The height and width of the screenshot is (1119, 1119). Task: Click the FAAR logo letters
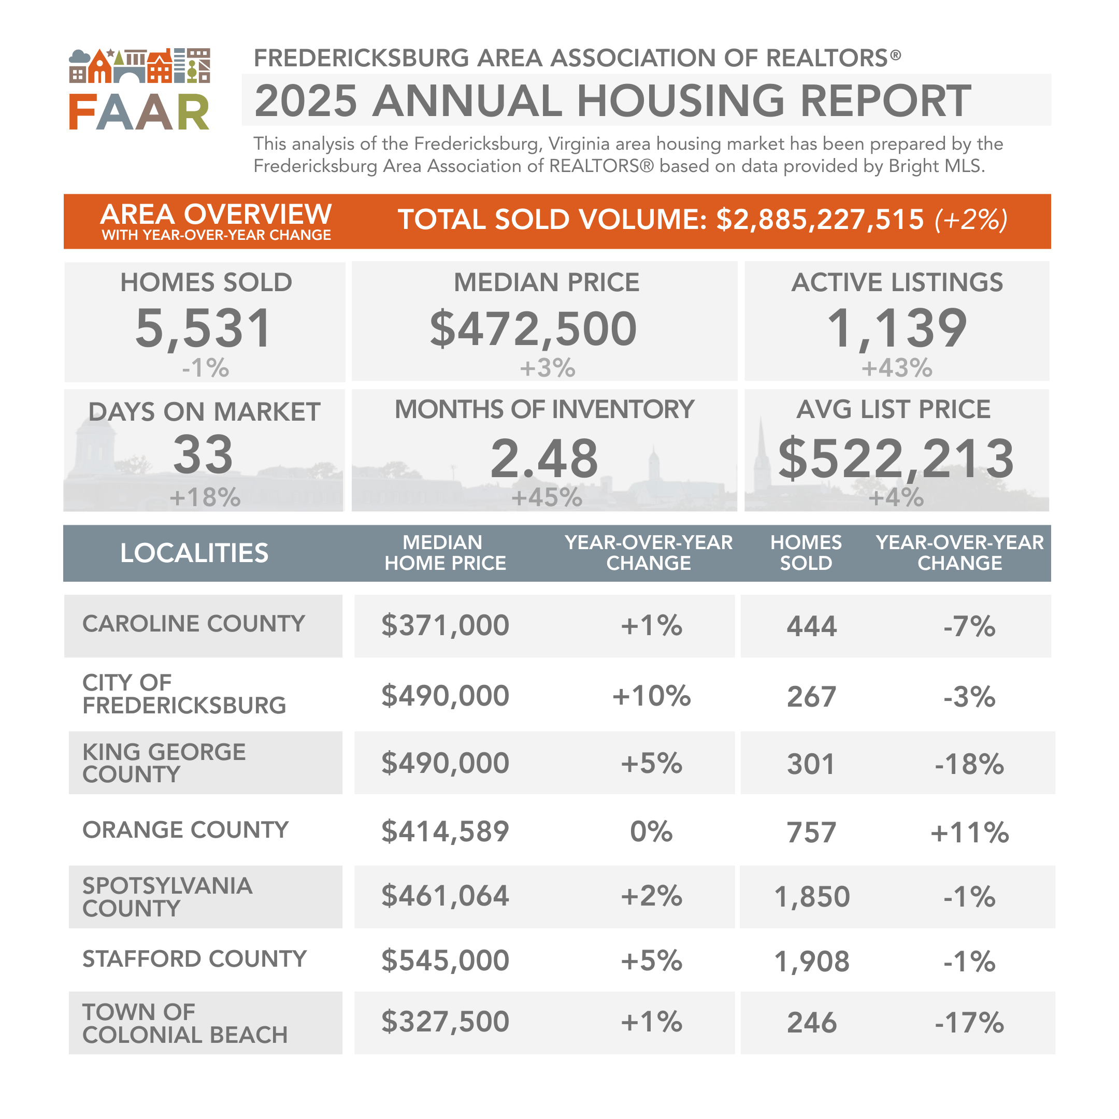[x=139, y=112]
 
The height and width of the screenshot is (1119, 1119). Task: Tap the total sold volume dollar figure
[x=820, y=220]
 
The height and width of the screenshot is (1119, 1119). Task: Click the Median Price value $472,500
[x=533, y=329]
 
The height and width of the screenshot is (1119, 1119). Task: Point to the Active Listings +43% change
[x=897, y=368]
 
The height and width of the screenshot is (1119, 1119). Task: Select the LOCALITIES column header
[x=194, y=553]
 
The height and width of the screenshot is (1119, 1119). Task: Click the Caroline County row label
[x=193, y=624]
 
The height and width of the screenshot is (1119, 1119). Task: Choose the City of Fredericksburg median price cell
[x=445, y=696]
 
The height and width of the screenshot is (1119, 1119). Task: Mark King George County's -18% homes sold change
[x=969, y=764]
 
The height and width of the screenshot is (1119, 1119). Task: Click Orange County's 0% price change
[x=651, y=831]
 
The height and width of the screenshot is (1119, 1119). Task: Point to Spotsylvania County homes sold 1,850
[x=811, y=897]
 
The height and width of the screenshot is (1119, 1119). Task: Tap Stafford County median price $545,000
[x=445, y=961]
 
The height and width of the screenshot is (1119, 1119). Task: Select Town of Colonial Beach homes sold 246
[x=811, y=1023]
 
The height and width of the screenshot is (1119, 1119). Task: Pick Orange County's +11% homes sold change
[x=969, y=833]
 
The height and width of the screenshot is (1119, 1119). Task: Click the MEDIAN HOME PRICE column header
[x=445, y=553]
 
